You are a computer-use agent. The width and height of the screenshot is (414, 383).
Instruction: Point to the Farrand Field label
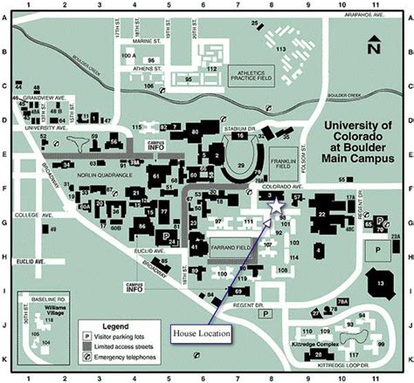pyautogui.click(x=231, y=247)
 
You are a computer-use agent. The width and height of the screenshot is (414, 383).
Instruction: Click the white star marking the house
pyautogui.click(x=277, y=207)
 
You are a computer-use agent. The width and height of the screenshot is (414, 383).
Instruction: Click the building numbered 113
pyautogui.click(x=281, y=50)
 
